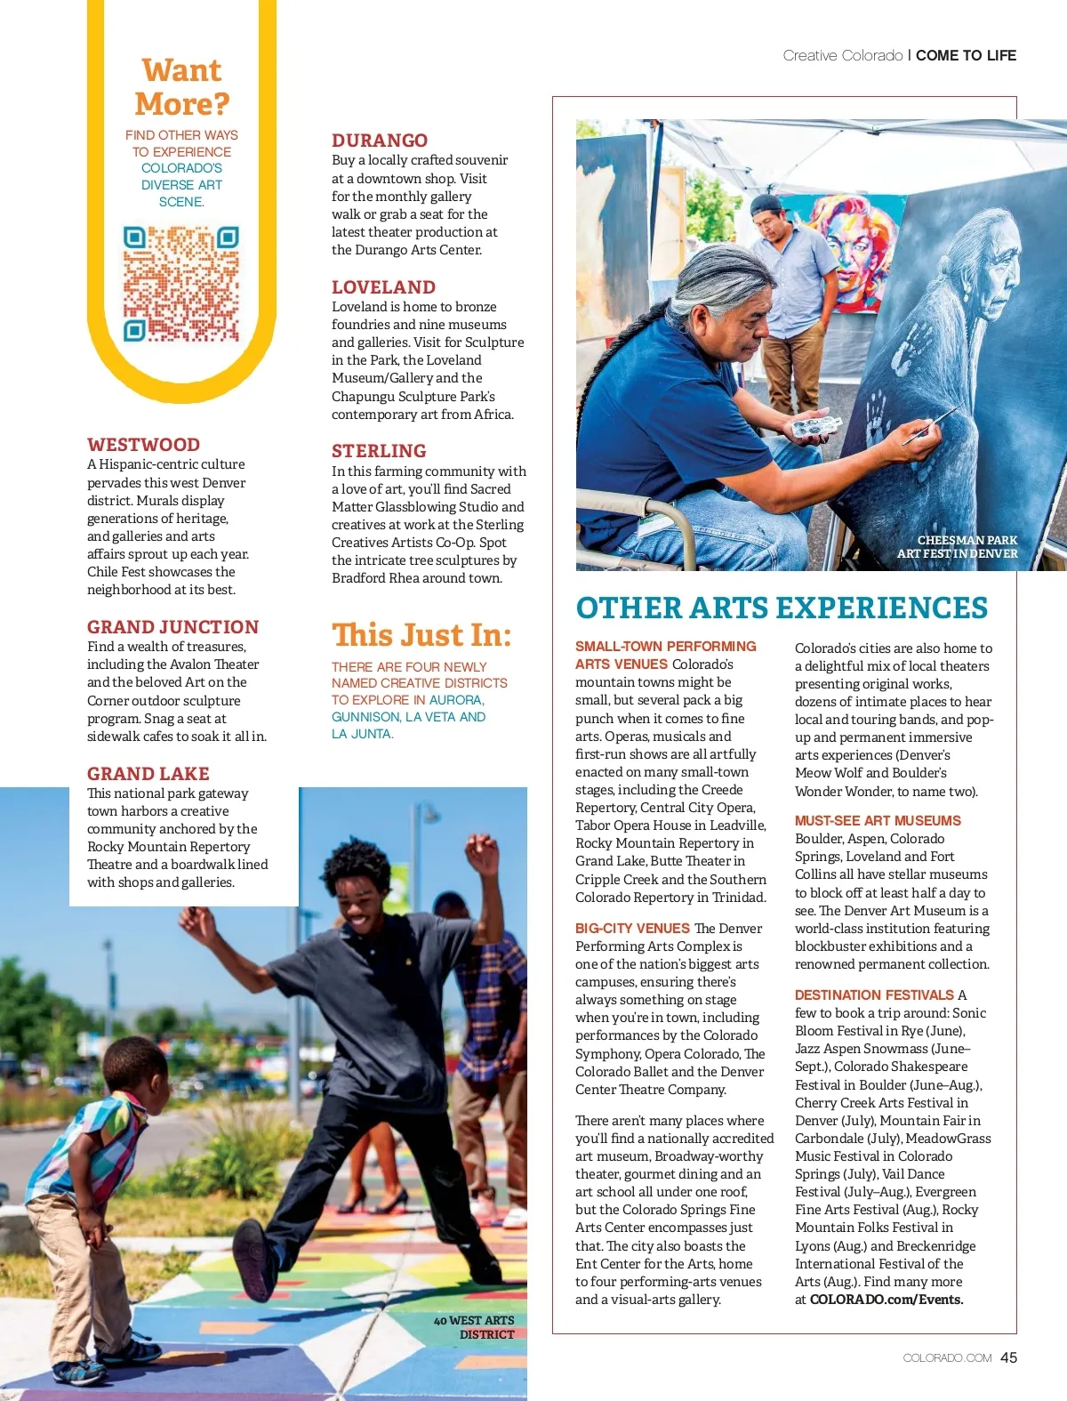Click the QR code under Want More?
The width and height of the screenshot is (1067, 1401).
coord(181,284)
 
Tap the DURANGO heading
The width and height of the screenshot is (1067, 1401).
coord(380,141)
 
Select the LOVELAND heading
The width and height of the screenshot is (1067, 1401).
coord(383,287)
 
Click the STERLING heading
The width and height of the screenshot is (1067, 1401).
coord(379,451)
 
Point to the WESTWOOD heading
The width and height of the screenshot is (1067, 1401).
coord(143,445)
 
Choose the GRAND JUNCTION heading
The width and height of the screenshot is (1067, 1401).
coord(172,627)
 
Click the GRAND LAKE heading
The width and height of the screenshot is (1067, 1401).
coord(148,774)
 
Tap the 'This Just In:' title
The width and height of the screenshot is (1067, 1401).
coord(421,635)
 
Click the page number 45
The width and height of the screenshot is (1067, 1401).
coord(1008,1357)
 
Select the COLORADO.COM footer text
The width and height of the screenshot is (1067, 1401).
coord(947,1358)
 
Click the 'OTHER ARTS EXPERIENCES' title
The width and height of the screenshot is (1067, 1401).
coord(782,608)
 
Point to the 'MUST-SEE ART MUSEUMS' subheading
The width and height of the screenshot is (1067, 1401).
coord(878,821)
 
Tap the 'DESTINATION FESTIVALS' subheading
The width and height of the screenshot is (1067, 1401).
coord(874,995)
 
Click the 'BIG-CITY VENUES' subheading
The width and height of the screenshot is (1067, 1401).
coord(632,929)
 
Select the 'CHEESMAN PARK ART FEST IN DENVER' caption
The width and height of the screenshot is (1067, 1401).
coord(958,547)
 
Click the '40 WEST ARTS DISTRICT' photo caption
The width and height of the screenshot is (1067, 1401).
coord(474,1327)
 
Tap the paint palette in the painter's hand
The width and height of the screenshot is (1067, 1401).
coord(815,428)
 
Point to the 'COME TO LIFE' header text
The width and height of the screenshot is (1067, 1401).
coord(966,55)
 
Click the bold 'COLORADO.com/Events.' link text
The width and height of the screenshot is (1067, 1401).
coord(886,1300)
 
